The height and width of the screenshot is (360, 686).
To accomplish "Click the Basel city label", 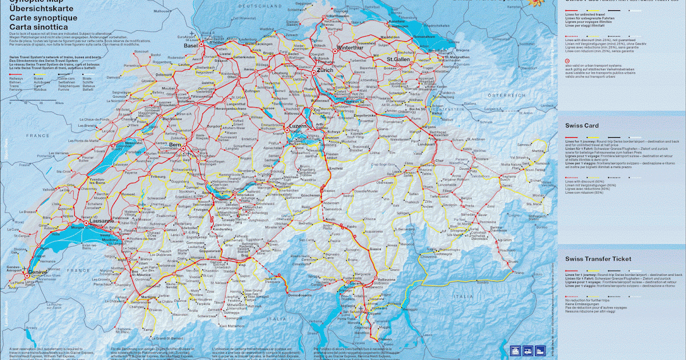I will [190, 46].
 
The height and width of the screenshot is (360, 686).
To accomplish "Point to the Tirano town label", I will [518, 274].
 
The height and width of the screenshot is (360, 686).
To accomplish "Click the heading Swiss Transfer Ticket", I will [598, 259].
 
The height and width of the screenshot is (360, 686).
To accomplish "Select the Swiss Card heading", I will [582, 125].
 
